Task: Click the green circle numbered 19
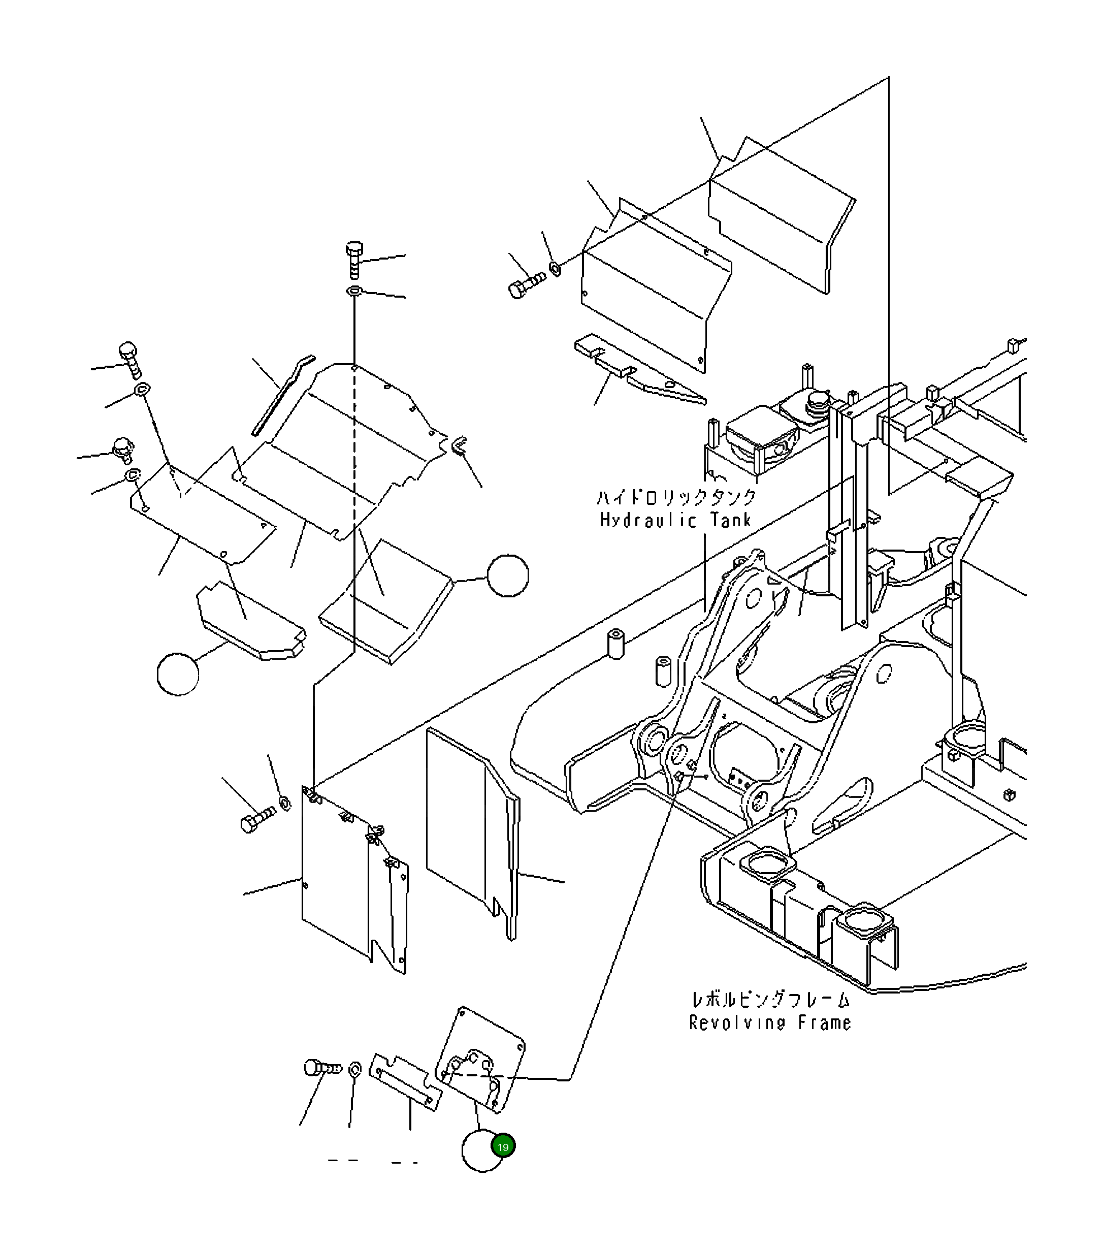(503, 1147)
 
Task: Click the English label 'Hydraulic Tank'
(675, 520)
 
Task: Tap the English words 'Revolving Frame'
(770, 1022)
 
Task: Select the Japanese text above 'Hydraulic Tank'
(676, 497)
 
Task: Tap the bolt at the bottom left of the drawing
(322, 1069)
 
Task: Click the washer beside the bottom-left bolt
(354, 1069)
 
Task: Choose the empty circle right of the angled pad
(508, 575)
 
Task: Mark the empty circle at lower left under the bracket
(178, 674)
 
